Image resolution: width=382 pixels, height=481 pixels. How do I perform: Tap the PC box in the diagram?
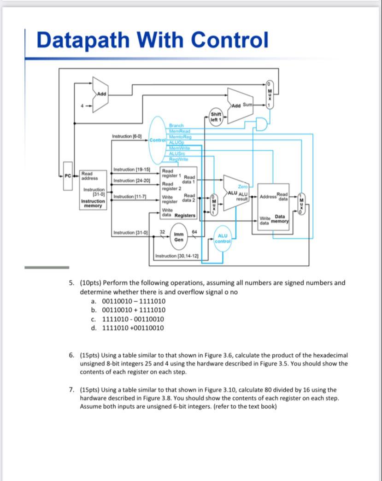coord(68,176)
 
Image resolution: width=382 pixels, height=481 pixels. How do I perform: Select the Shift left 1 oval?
coord(216,116)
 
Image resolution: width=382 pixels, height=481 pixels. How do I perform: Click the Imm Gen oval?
coord(179,237)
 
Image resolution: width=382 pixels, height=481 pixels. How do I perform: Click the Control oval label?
coord(157,139)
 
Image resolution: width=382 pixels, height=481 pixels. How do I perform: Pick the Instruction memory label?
coord(93,203)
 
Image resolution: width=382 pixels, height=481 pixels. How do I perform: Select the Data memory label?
coord(280,219)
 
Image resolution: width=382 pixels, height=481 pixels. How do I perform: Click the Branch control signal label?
coord(176,125)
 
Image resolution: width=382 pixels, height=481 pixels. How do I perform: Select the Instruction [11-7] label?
coord(129,197)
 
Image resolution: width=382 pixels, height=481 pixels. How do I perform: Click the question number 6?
coord(71,355)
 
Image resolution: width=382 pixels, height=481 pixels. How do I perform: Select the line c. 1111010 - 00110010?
coord(128,319)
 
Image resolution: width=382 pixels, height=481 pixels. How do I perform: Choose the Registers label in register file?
coord(185,215)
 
